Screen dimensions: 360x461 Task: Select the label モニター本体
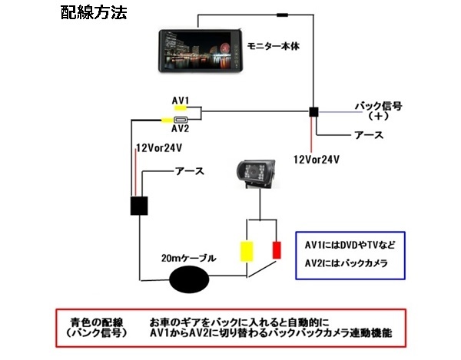click(x=272, y=47)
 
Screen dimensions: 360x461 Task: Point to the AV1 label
click(x=181, y=100)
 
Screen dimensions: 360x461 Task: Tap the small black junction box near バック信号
click(x=313, y=112)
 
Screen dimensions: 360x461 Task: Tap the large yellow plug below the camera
click(x=247, y=250)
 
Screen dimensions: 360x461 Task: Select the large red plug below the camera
click(x=277, y=250)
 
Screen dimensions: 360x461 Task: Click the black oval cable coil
click(x=191, y=279)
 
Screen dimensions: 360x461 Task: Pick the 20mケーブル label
click(x=188, y=258)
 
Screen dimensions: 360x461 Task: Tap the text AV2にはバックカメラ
click(x=345, y=263)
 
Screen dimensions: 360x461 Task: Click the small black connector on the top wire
click(x=284, y=14)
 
